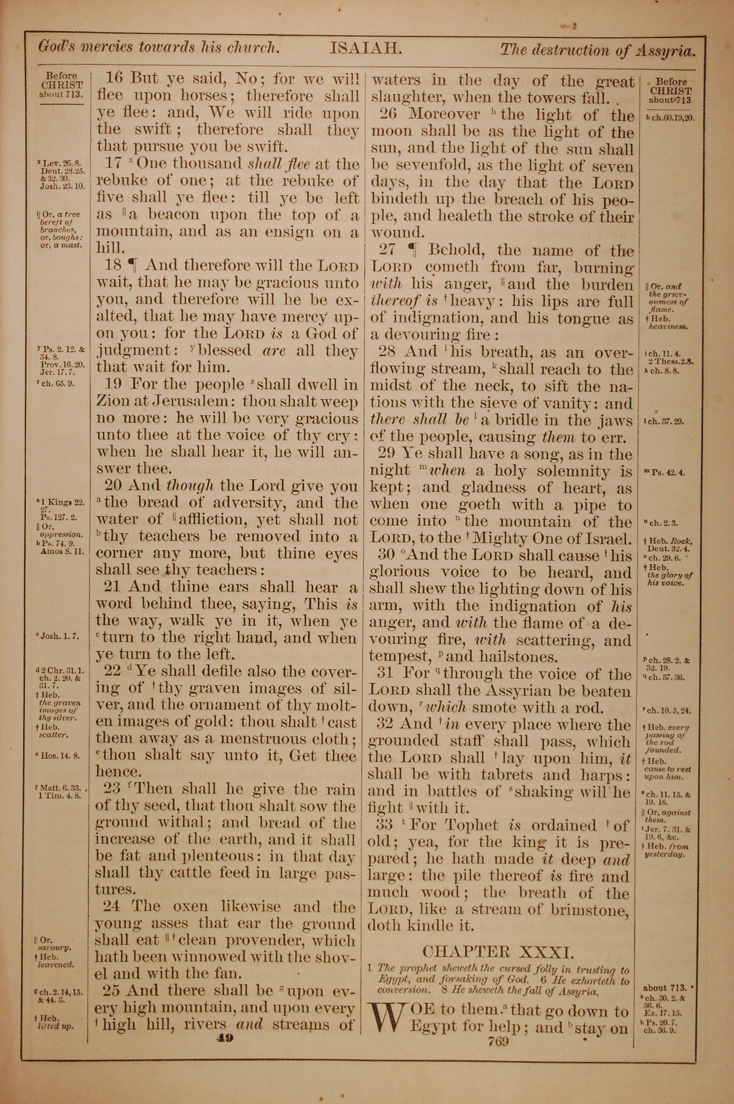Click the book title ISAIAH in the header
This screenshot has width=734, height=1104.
tap(366, 48)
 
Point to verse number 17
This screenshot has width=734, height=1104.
tap(114, 164)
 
